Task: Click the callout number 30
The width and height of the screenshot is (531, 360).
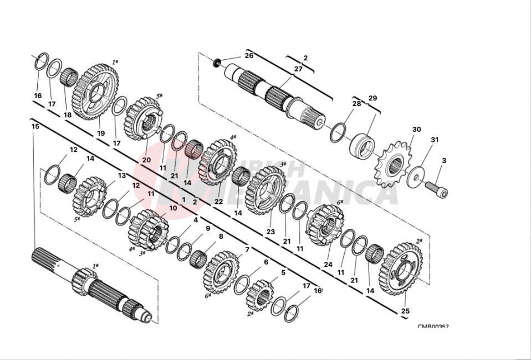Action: click(x=417, y=130)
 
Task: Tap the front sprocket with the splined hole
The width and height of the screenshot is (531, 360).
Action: click(x=394, y=163)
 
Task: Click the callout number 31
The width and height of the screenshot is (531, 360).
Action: click(x=435, y=140)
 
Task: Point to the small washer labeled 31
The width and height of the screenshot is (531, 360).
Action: click(x=413, y=178)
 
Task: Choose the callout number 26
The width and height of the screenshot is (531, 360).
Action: click(x=249, y=55)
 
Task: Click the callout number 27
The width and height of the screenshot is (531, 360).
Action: click(x=298, y=69)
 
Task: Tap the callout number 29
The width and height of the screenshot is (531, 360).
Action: click(x=372, y=98)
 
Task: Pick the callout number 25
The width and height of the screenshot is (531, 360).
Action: click(x=405, y=311)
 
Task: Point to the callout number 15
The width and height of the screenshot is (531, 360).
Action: click(x=35, y=127)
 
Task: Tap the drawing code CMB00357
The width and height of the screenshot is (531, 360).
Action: click(x=433, y=327)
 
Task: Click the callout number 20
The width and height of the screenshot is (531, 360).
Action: click(x=146, y=160)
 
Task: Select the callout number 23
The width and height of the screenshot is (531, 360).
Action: click(x=270, y=232)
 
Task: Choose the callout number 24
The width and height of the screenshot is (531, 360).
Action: click(x=328, y=264)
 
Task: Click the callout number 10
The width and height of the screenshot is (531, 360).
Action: click(x=173, y=208)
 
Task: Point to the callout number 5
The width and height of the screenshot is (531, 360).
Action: click(x=283, y=272)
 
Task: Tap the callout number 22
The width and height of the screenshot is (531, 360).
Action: click(x=218, y=202)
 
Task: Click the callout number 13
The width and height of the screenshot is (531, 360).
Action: click(x=122, y=176)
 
